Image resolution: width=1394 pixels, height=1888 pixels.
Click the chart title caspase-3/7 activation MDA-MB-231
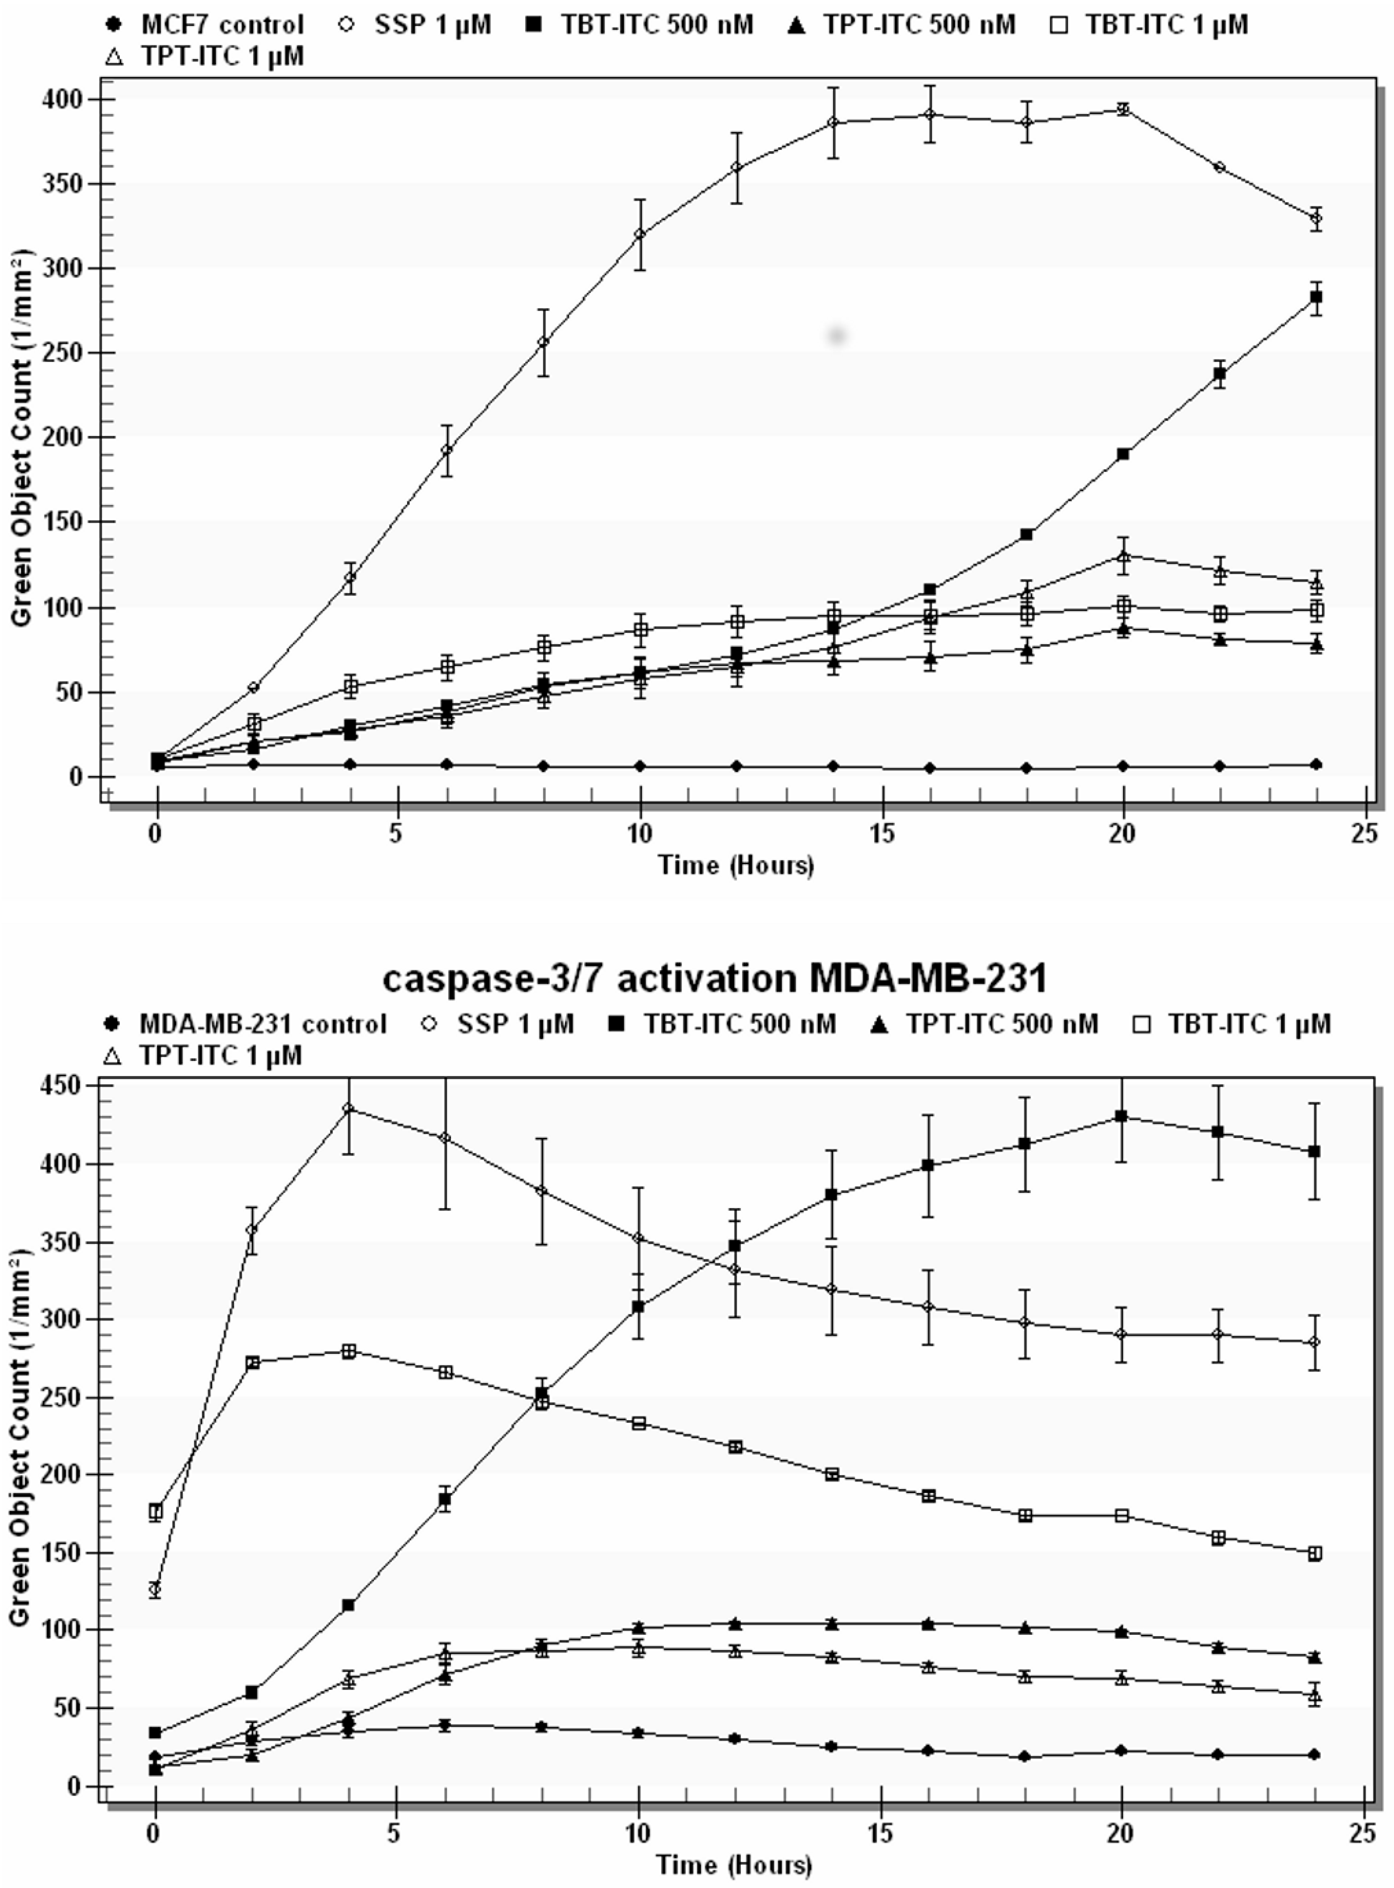click(x=714, y=979)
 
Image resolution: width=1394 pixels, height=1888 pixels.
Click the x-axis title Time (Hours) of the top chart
click(x=736, y=865)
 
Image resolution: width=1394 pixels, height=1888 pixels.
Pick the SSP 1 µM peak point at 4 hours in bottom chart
click(x=348, y=1109)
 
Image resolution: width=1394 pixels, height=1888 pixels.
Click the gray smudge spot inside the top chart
click(x=836, y=336)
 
